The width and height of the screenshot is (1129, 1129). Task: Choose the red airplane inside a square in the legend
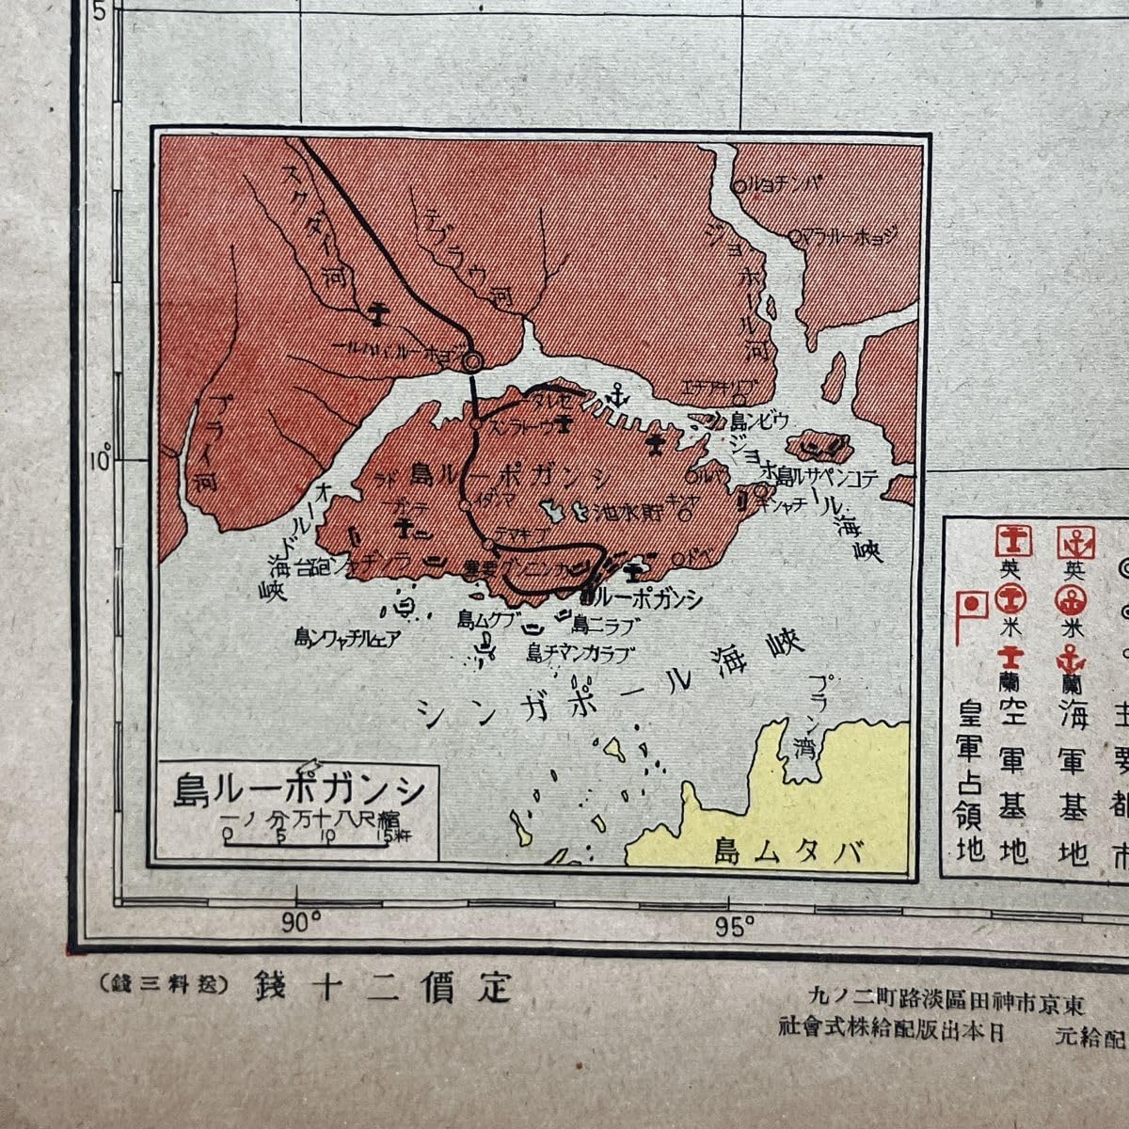pyautogui.click(x=1013, y=541)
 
